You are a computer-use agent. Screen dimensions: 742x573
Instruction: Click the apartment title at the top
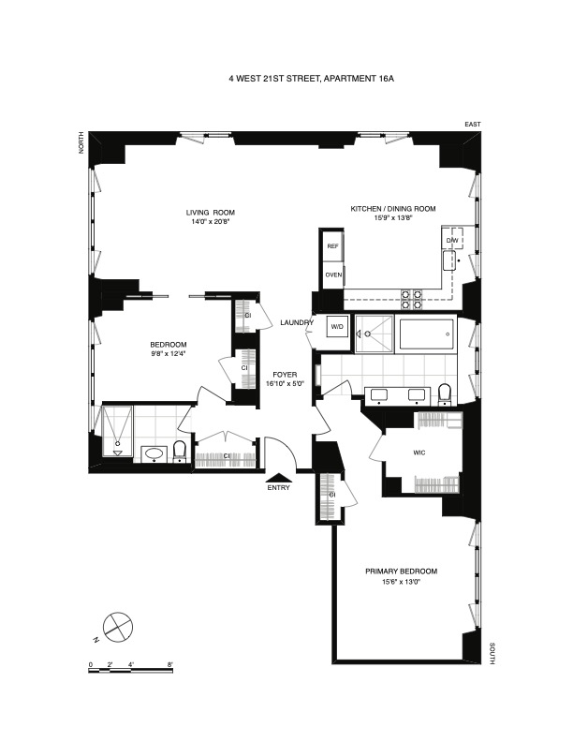coord(312,80)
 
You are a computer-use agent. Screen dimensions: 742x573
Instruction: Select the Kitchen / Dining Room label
coord(393,208)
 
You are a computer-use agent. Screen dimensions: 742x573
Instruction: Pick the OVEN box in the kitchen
coord(332,275)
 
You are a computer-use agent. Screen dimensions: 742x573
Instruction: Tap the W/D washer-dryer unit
coord(336,326)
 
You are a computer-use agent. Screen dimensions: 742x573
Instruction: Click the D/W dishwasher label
coord(452,242)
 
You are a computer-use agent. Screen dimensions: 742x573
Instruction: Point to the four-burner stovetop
coord(410,299)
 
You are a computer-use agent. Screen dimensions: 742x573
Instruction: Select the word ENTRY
coord(279,487)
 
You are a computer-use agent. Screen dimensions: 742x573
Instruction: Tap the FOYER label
coord(285,374)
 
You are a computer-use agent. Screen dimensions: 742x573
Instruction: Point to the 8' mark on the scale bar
coord(170,664)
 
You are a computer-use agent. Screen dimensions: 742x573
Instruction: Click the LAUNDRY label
coord(296,323)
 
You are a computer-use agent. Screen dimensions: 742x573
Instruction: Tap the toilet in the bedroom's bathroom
coord(180,453)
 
